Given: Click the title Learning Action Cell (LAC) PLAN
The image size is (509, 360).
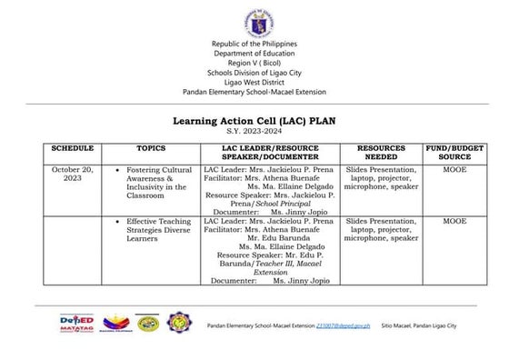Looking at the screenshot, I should pos(254,120).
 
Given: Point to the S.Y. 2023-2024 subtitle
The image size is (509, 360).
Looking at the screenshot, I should pos(254,132).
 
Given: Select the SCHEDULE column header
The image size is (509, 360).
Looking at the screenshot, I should pos(73,147).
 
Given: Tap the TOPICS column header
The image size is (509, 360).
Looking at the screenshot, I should pos(151,147).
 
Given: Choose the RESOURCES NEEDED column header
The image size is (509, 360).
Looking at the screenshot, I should pos(380,152).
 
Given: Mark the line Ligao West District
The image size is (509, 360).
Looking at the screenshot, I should pos(254,78).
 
